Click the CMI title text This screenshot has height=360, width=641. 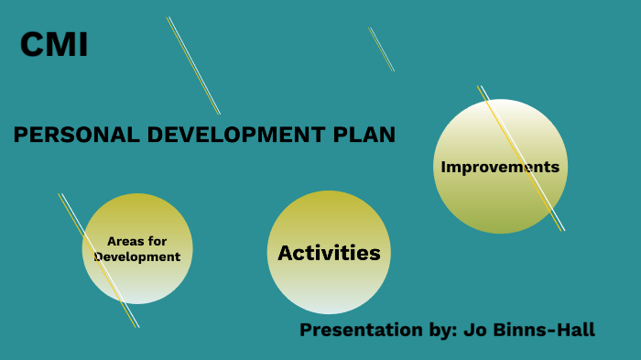click(54, 45)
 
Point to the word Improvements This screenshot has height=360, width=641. click(499, 167)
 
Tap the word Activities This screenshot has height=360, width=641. click(329, 253)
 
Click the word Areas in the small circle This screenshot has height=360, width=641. click(125, 241)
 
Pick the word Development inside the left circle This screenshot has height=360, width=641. click(137, 256)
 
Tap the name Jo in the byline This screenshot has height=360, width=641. click(472, 330)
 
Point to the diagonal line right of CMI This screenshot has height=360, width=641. click(193, 65)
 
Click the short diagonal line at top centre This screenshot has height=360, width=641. click(382, 49)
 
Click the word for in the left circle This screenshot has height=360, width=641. click(158, 241)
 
